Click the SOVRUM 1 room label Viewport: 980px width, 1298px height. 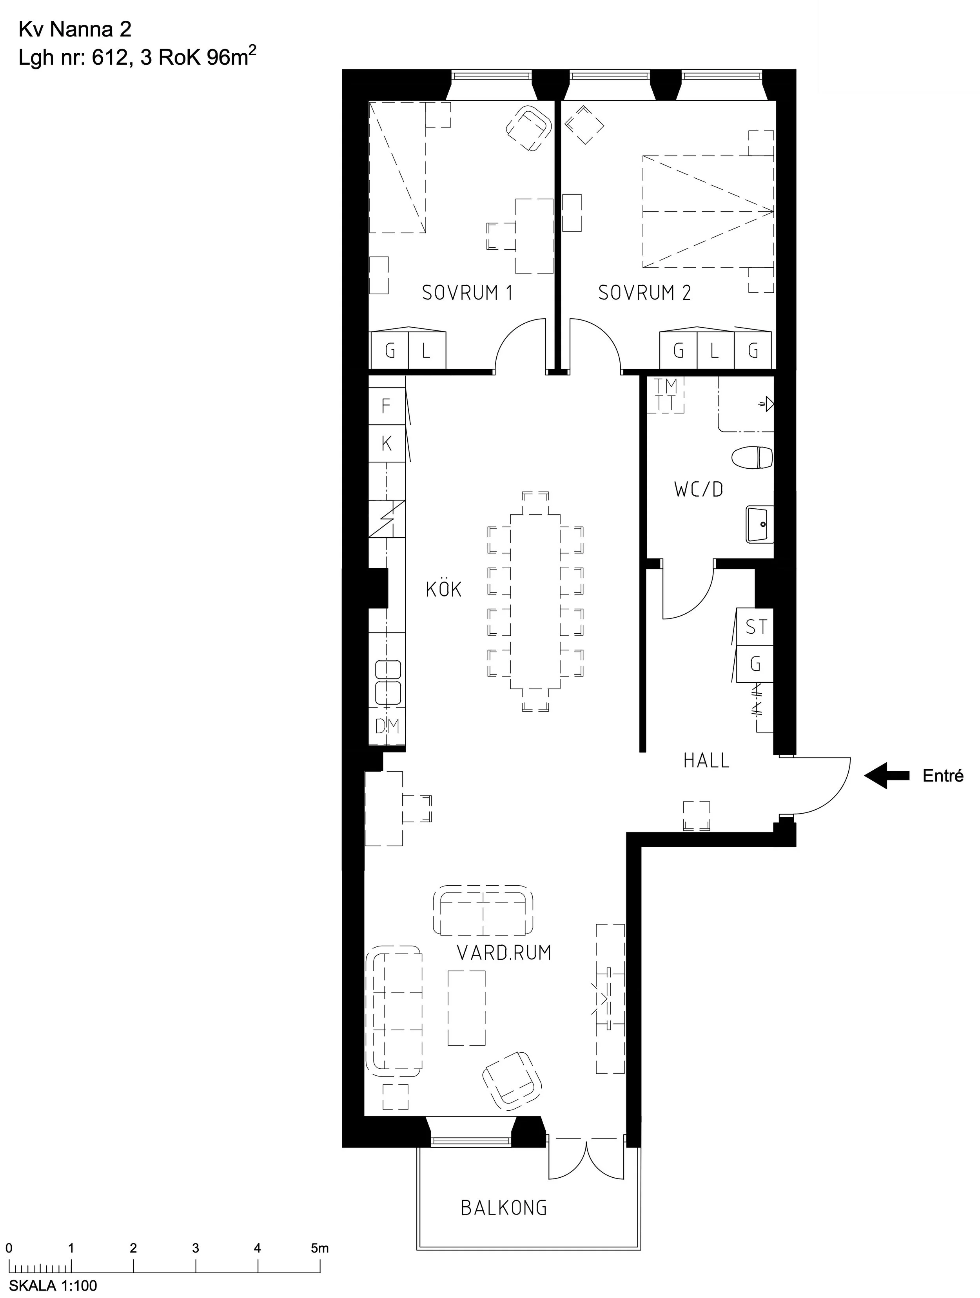[x=467, y=292]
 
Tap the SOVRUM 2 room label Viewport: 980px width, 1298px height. [x=644, y=292]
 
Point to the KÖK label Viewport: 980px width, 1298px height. [x=444, y=589]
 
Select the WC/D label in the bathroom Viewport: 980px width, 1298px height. [x=698, y=489]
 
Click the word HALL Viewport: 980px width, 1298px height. [x=706, y=760]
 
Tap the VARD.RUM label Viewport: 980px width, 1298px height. [x=504, y=952]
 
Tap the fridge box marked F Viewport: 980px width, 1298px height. [x=386, y=406]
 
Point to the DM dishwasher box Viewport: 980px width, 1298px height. [x=387, y=727]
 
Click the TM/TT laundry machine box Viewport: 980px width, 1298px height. [x=666, y=394]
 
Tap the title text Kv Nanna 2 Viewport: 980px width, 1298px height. [x=75, y=29]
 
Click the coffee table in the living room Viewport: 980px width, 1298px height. [x=466, y=1008]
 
